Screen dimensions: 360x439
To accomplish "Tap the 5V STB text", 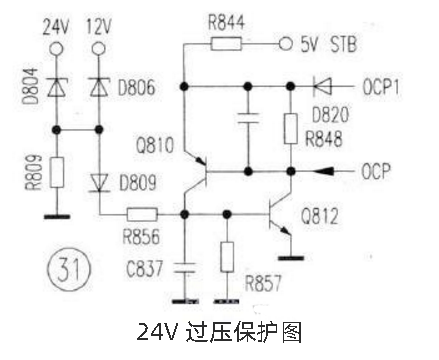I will click(326, 44).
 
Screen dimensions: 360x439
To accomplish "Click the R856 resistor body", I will click(143, 215).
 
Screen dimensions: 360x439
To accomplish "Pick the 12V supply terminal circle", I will click(99, 48).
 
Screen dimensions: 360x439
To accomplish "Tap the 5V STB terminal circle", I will click(285, 44).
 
